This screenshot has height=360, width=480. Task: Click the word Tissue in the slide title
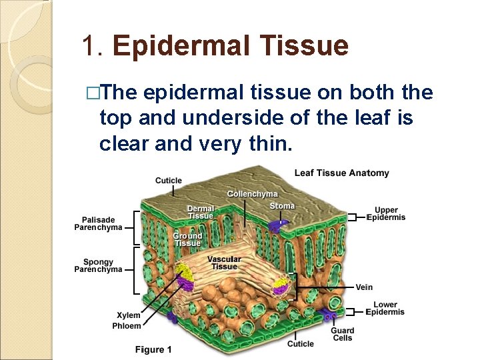(x=312, y=46)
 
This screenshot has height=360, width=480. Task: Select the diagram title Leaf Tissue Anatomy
(x=341, y=173)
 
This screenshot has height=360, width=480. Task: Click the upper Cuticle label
(x=168, y=181)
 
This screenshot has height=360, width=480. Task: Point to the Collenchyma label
(x=252, y=194)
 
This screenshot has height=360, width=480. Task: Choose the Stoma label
(x=281, y=206)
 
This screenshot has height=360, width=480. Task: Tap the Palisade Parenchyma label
(x=98, y=223)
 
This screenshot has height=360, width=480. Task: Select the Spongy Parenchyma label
(x=98, y=265)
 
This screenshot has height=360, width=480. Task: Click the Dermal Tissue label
(x=200, y=212)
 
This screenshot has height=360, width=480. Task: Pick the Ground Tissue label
(x=187, y=239)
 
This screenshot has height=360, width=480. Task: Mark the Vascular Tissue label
(x=224, y=263)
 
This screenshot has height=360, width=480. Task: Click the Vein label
(x=364, y=287)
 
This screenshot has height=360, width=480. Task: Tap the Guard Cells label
(x=342, y=334)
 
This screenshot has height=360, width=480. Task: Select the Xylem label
(x=129, y=315)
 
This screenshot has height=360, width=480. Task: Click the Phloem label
(x=127, y=326)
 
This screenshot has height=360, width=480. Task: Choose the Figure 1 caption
(x=153, y=349)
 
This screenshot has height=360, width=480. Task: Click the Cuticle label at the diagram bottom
(x=300, y=344)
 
